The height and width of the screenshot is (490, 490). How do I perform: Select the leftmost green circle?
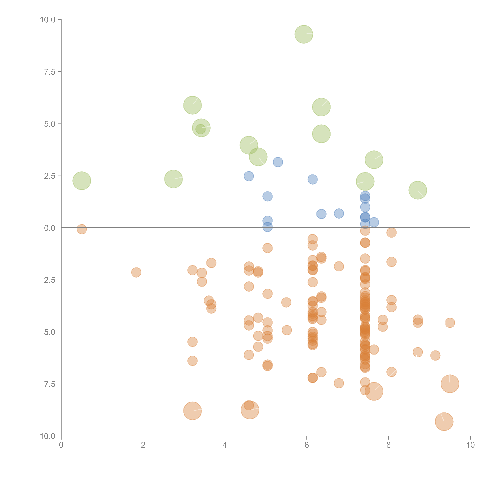[82, 181]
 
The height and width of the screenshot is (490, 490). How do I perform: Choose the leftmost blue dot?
[249, 176]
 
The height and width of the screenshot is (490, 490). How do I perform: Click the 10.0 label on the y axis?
[48, 20]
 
